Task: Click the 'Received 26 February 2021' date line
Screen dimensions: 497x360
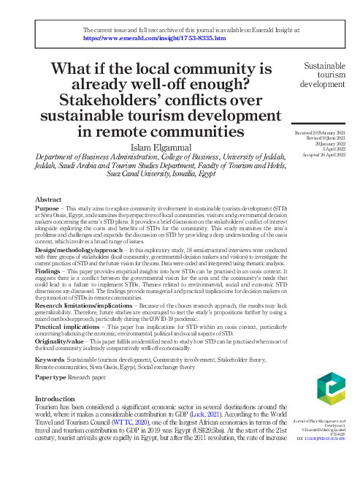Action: click(x=325, y=132)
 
